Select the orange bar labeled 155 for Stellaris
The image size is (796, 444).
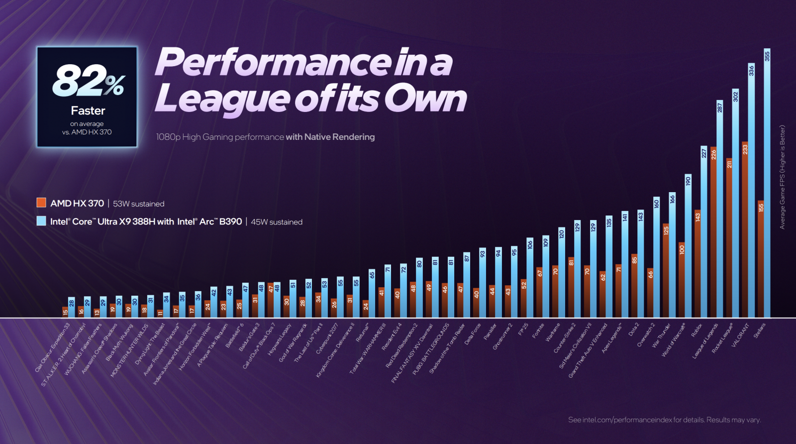[761, 259]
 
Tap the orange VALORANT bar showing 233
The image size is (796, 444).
[745, 229]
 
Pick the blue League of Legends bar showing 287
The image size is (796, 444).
[719, 209]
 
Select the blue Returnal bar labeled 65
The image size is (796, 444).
[372, 293]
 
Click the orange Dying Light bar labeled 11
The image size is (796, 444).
[160, 313]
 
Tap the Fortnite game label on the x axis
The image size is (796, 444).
[538, 331]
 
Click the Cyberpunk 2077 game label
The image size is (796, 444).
[327, 338]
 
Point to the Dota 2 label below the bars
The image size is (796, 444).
[634, 330]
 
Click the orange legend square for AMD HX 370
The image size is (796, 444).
[41, 203]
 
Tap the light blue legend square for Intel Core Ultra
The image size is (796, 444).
[41, 221]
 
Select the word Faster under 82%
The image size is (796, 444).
[88, 111]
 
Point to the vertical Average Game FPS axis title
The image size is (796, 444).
[782, 177]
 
